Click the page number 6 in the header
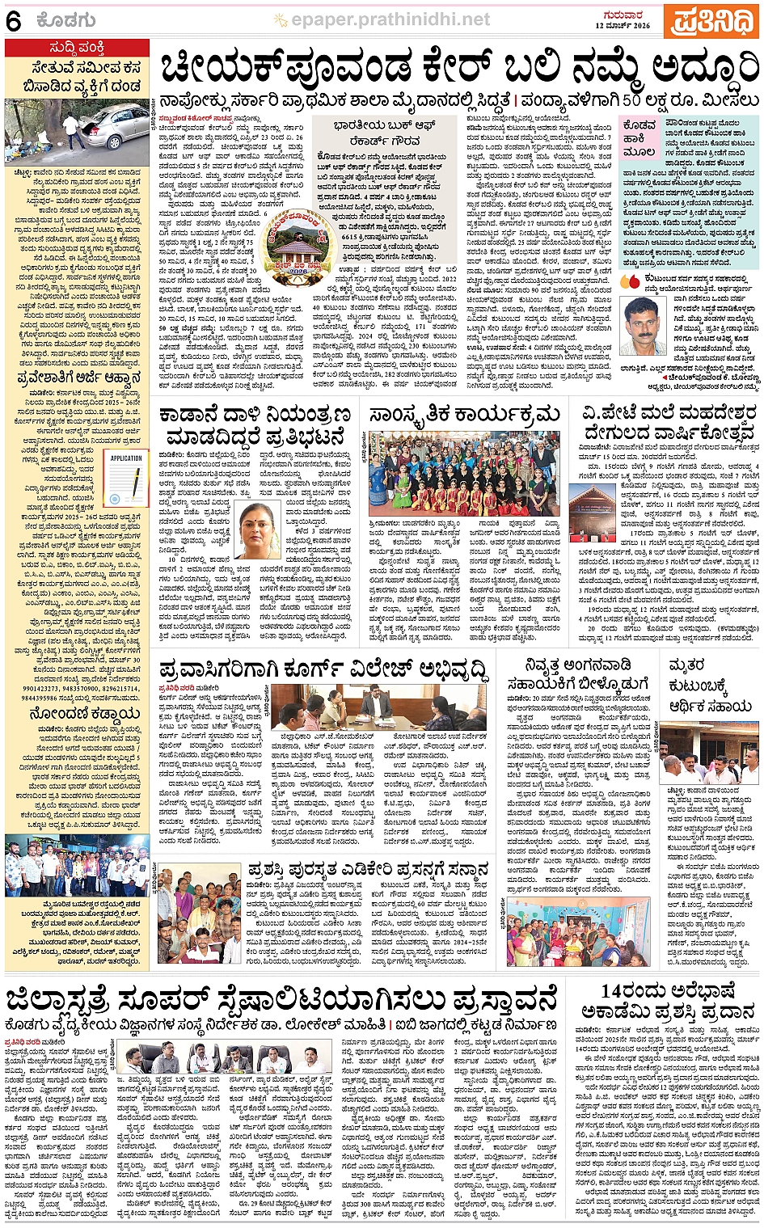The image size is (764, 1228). [x=13, y=21]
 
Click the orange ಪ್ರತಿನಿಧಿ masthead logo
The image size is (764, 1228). [x=710, y=21]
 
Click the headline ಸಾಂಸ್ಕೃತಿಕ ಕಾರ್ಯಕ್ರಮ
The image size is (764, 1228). [x=464, y=416]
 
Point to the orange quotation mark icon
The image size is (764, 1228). [x=630, y=281]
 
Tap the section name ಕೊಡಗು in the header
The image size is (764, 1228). [x=66, y=21]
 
